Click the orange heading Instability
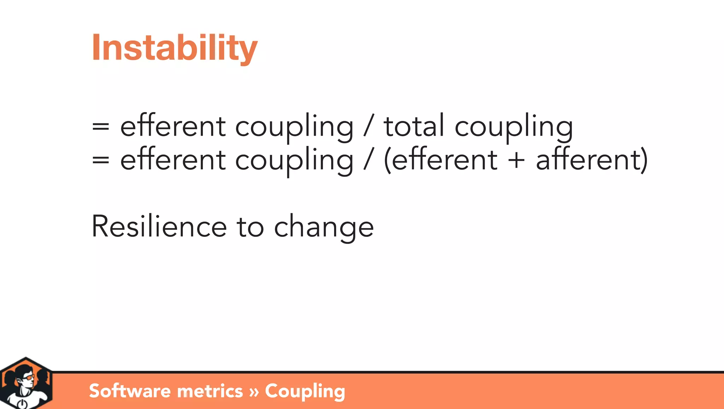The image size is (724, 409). point(175,48)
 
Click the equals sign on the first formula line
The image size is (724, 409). point(100,126)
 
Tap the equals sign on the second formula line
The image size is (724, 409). point(100,160)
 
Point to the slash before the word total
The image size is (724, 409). point(368,126)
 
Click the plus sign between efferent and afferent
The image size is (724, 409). point(516,160)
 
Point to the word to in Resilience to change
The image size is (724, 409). point(250,227)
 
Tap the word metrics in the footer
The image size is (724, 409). point(210,391)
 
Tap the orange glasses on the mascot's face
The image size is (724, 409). point(29,378)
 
